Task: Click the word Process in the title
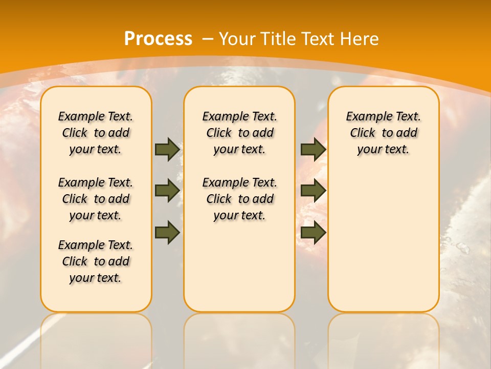158,39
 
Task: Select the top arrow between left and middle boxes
167,149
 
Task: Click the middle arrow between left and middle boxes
167,191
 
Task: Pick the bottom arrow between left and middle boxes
167,232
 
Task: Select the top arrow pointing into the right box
313,149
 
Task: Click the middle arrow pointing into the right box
313,191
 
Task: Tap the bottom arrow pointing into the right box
313,232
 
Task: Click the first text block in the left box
96,133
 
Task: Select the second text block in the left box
96,199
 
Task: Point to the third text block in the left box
96,261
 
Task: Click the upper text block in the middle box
239,133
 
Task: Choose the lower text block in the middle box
239,199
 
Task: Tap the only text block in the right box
383,133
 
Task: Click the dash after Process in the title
208,39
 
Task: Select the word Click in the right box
363,133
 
